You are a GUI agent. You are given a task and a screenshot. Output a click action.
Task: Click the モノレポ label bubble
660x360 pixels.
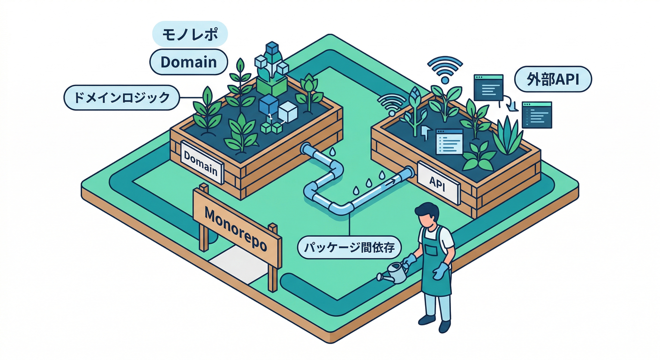coord(190,34)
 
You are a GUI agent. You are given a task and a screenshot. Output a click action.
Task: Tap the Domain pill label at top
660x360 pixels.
coord(188,62)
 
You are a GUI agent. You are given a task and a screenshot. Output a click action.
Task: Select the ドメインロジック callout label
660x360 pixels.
coord(122,97)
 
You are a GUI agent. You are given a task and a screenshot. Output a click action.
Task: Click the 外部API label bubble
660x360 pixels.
coord(553,79)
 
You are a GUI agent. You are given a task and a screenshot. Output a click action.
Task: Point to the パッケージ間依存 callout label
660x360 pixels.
coord(349,247)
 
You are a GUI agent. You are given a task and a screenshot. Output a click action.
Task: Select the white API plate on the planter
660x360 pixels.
coord(438,183)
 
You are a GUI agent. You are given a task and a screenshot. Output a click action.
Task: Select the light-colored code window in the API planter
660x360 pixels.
coord(450,142)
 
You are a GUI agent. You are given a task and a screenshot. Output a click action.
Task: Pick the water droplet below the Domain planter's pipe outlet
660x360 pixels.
coord(333,151)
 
